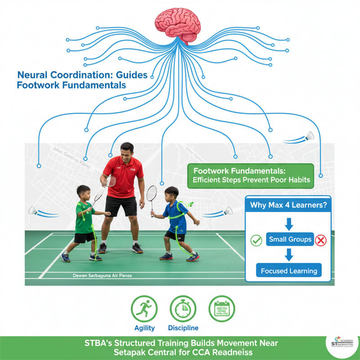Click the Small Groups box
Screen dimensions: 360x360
(289, 239)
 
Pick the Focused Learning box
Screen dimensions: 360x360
(289, 270)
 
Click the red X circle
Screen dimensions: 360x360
(320, 240)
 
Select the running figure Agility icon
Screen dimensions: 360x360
(144, 308)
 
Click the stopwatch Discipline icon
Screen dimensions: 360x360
(183, 308)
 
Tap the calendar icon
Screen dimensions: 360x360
(222, 308)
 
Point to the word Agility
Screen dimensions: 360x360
(144, 328)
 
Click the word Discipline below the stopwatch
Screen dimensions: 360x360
(183, 328)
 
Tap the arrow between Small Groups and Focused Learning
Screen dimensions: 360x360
(289, 255)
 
